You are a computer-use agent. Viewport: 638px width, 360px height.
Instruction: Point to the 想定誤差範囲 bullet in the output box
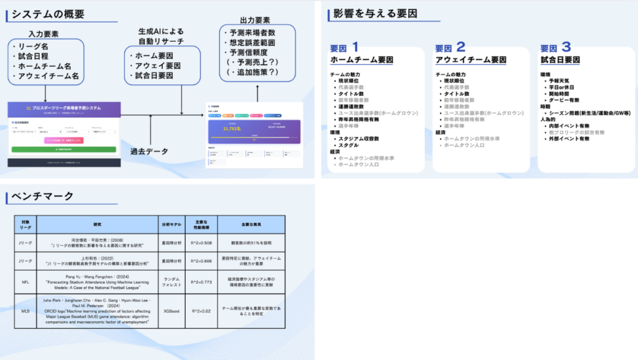pyautogui.click(x=251, y=42)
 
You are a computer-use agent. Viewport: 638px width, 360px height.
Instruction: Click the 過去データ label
pyautogui.click(x=150, y=151)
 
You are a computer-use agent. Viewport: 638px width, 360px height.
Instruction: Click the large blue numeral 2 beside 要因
pyautogui.click(x=460, y=47)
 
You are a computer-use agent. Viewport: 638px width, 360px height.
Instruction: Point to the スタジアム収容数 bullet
pyautogui.click(x=359, y=138)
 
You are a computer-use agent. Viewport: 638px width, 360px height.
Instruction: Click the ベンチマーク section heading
pyautogui.click(x=42, y=197)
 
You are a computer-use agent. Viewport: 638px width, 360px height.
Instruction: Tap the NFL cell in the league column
pyautogui.click(x=26, y=282)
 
